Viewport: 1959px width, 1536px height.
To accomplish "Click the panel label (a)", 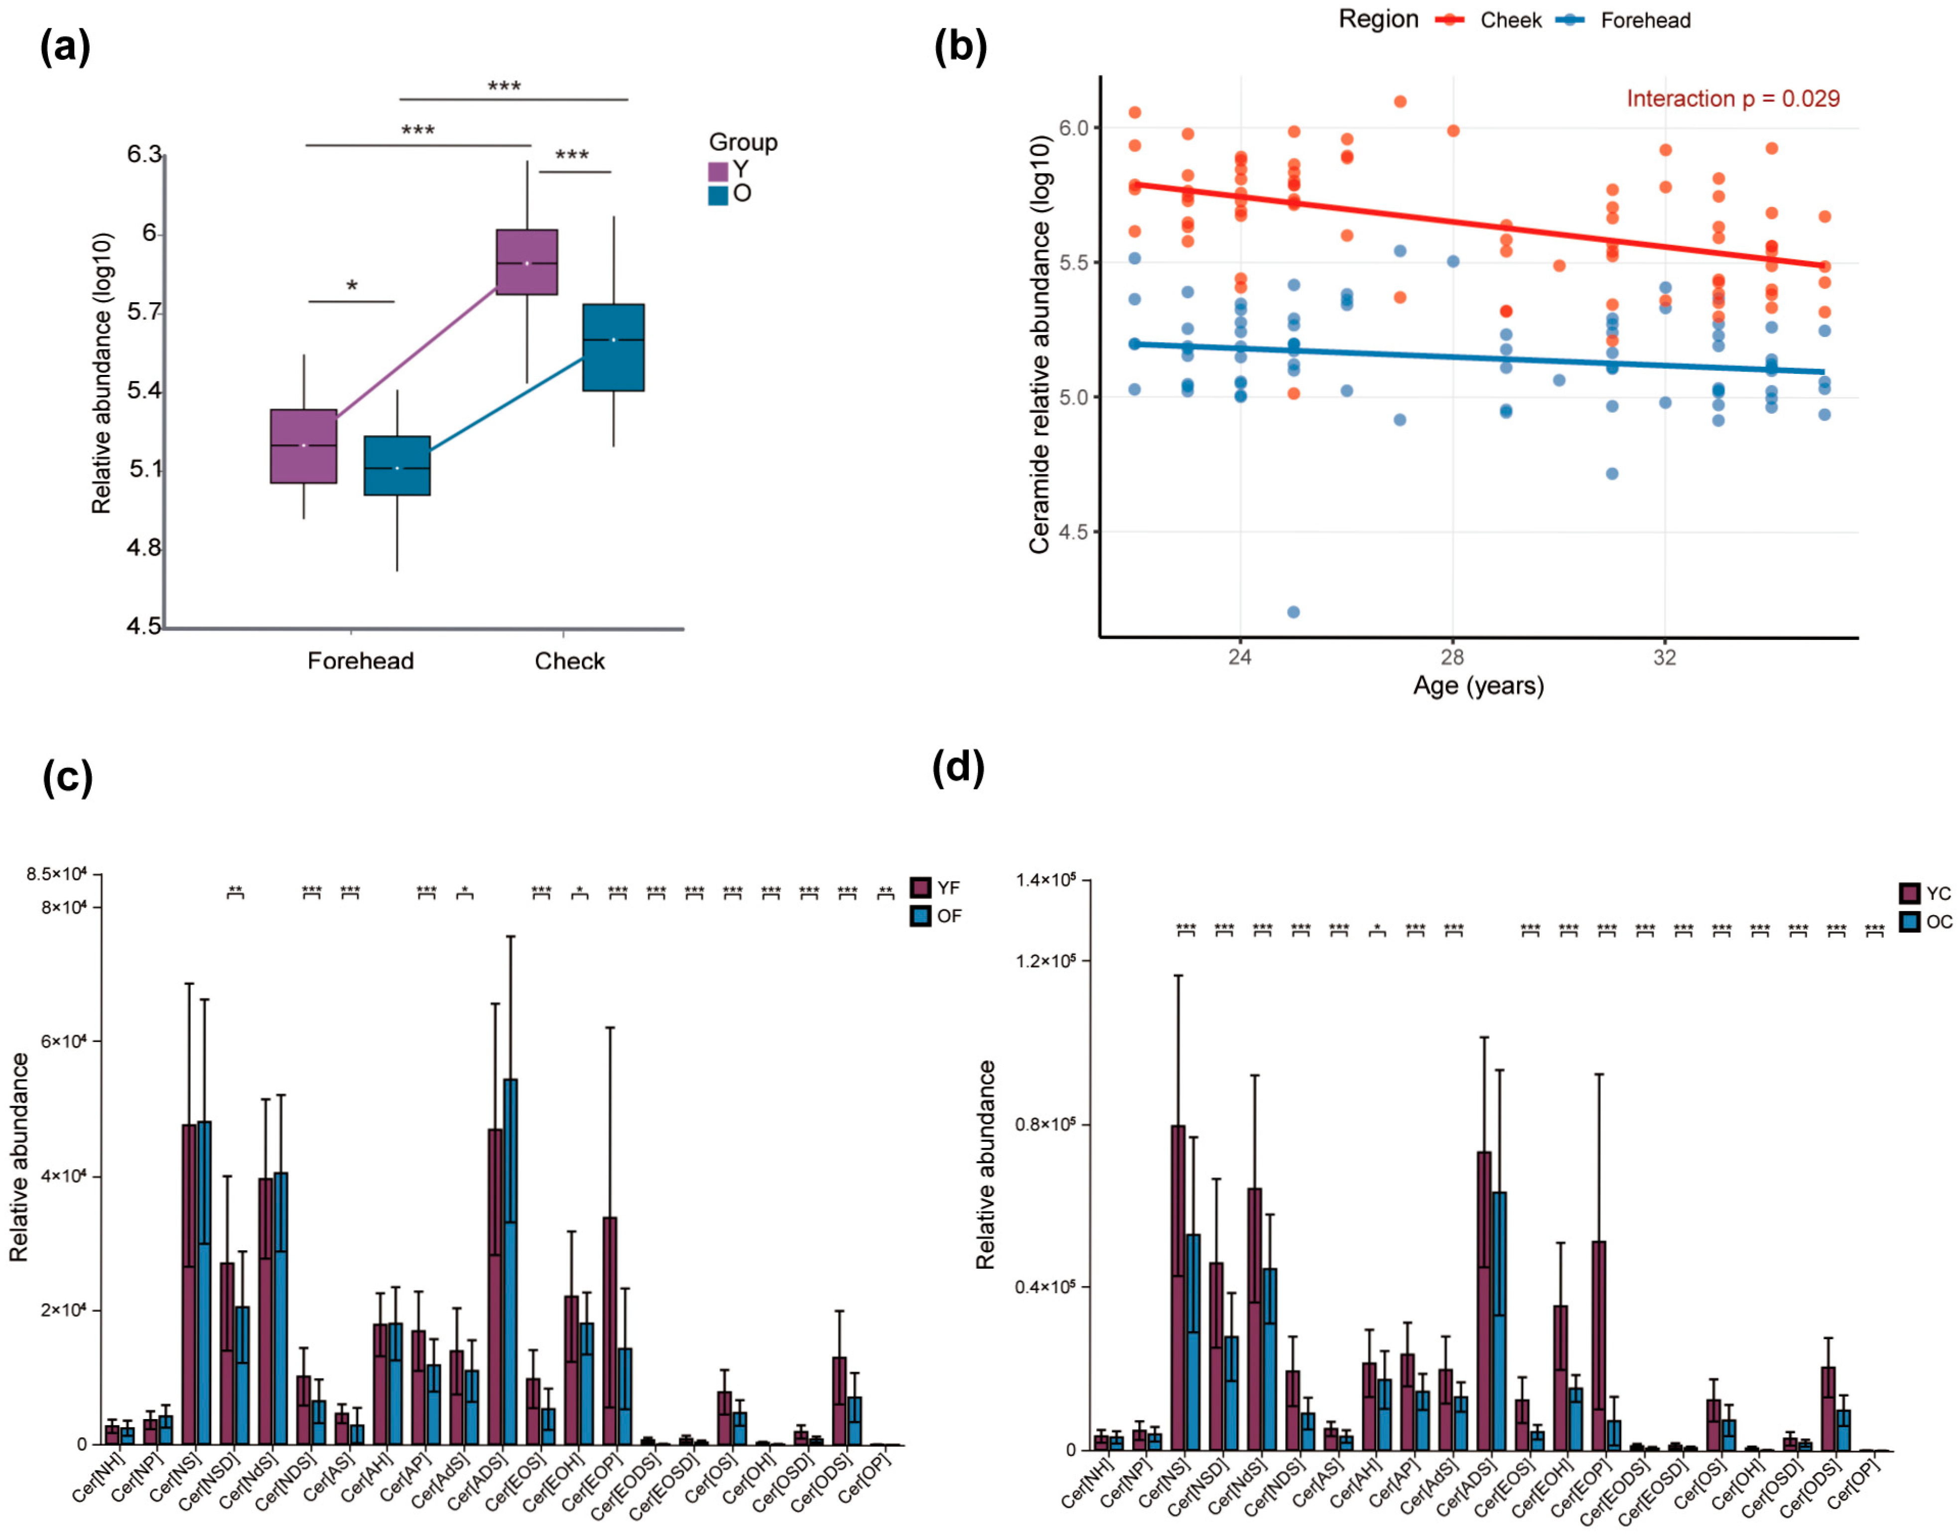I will click(x=65, y=47).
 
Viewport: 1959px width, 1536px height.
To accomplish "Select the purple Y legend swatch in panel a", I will click(x=718, y=171).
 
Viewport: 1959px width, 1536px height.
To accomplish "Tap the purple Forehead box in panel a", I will click(x=304, y=446).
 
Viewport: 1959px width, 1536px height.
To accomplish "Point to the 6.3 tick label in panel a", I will click(x=144, y=155).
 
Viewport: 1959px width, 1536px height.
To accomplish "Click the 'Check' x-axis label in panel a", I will click(x=569, y=661).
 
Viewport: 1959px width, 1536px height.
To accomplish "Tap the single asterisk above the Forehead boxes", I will click(x=352, y=286).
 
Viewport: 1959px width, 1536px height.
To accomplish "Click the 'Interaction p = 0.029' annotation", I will click(x=1732, y=99).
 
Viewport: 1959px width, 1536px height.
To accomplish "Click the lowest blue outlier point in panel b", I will click(x=1294, y=611).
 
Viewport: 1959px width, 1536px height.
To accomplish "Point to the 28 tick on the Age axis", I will click(x=1452, y=657).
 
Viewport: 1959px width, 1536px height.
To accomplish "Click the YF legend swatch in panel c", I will click(x=920, y=888).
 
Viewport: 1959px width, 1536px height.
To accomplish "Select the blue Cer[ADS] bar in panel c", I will click(x=510, y=1259).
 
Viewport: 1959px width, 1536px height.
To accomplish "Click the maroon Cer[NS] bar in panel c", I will click(x=189, y=1282).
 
